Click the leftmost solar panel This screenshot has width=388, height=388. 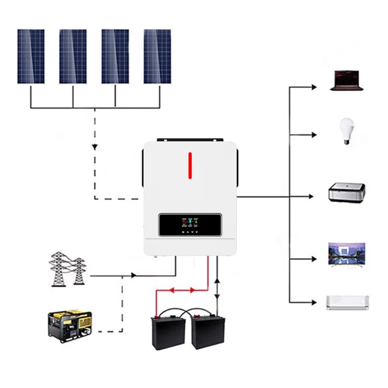[31, 56]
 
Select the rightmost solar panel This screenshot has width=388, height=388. [157, 56]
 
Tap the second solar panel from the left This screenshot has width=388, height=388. [73, 56]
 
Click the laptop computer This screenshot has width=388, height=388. [346, 81]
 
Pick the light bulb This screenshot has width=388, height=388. [346, 130]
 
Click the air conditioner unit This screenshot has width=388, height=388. [347, 302]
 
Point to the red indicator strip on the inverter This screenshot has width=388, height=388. [190, 165]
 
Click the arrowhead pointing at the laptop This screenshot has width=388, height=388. [314, 87]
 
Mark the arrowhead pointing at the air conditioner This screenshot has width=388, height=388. [314, 302]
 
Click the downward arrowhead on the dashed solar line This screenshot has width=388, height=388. [94, 147]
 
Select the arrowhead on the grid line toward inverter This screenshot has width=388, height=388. [133, 275]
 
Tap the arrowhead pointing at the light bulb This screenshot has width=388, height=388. [314, 134]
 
